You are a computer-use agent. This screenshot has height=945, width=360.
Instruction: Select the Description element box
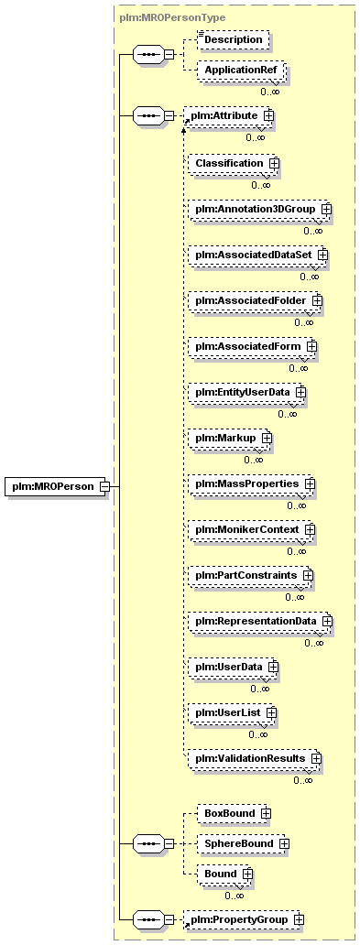(234, 39)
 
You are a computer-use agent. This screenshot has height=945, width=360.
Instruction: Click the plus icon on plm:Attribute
(268, 114)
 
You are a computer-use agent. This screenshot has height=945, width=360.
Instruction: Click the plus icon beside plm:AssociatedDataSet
(322, 255)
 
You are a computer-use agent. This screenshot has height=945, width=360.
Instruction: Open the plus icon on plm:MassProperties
(310, 484)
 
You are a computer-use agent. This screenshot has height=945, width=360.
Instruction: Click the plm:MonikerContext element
(252, 530)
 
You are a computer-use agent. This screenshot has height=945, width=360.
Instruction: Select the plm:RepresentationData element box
(260, 622)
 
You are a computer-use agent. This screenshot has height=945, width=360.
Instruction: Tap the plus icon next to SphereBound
(283, 843)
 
